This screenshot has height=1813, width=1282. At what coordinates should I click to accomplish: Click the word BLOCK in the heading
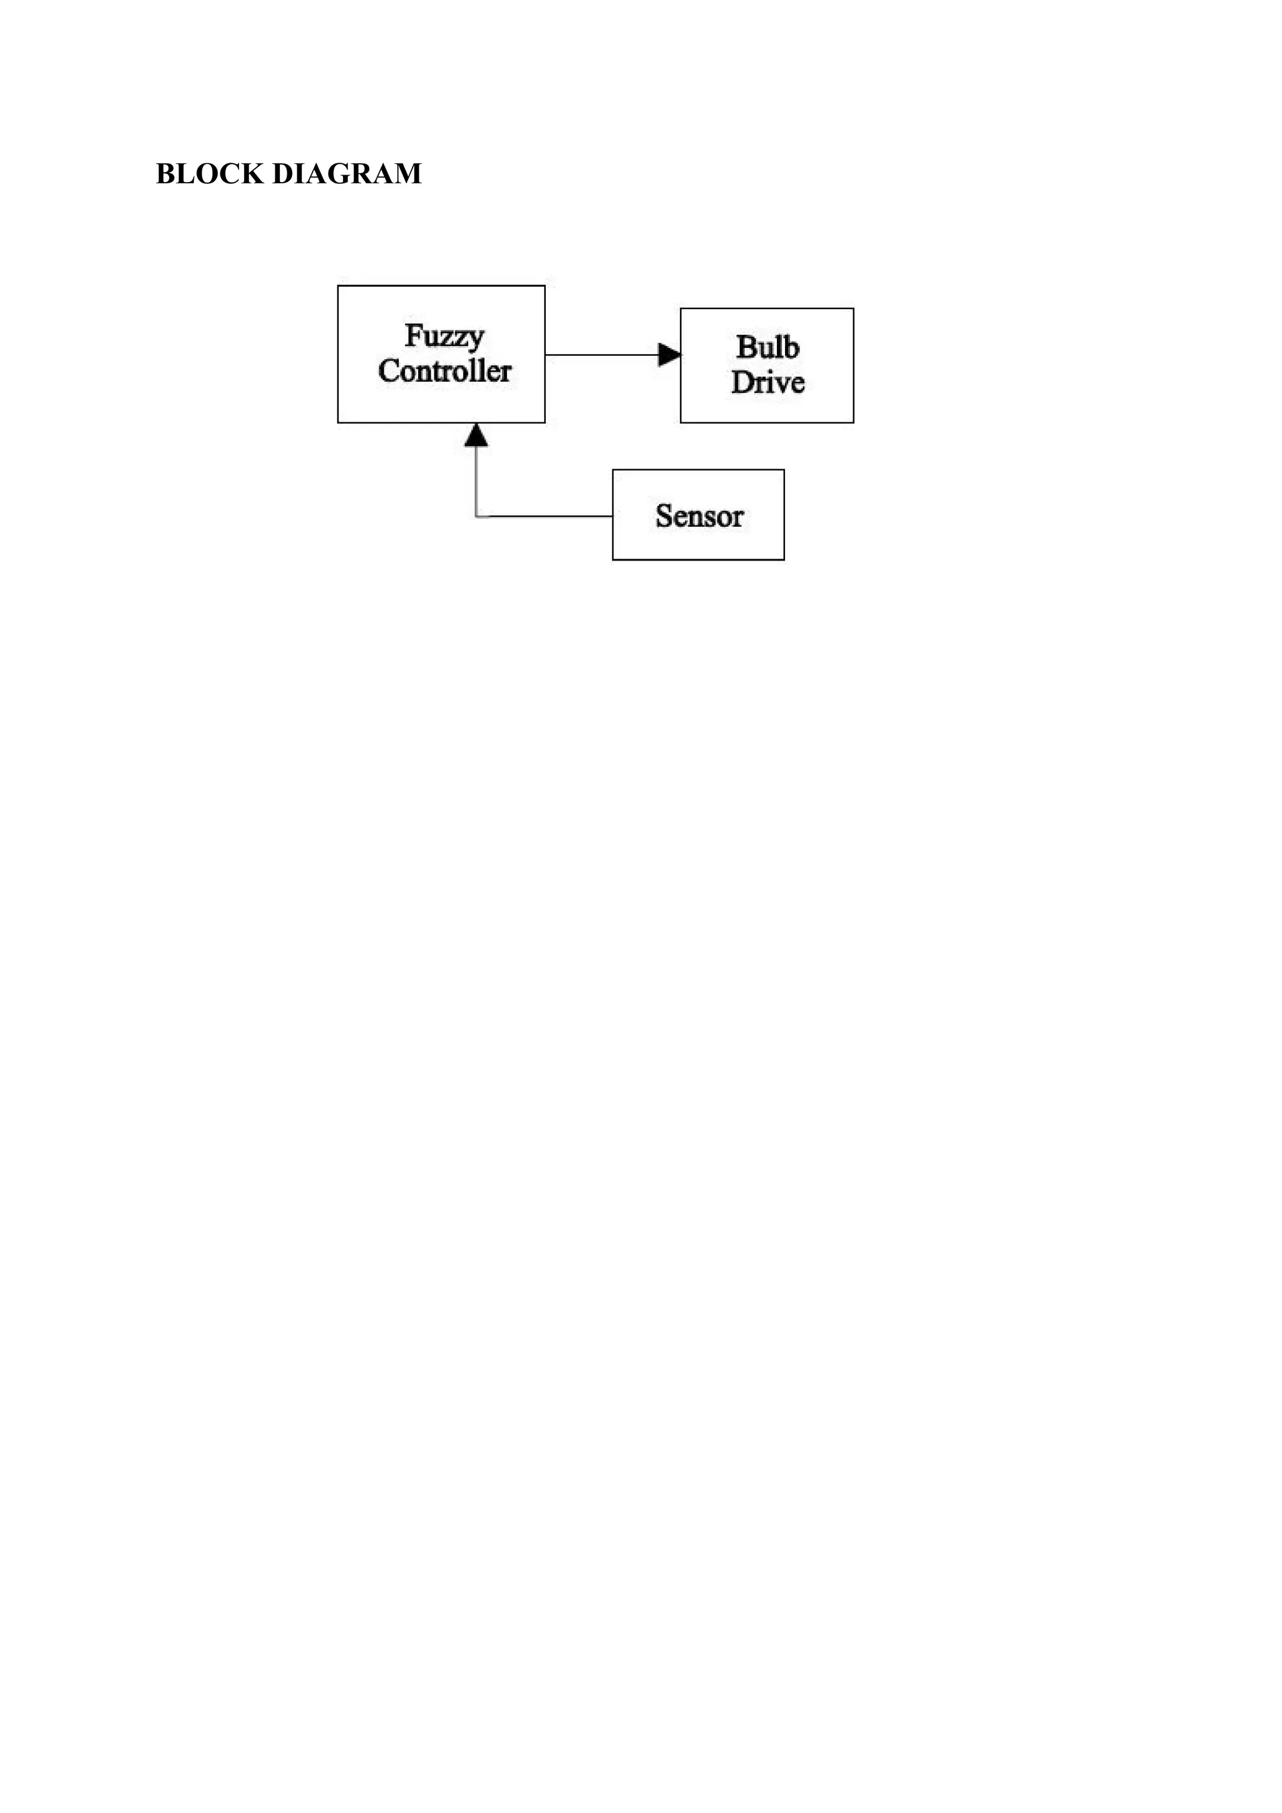click(209, 174)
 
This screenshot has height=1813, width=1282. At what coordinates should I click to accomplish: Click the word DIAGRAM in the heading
click(347, 174)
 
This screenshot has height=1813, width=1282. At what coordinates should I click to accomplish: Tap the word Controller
click(444, 371)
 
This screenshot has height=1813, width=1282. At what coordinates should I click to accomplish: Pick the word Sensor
click(699, 516)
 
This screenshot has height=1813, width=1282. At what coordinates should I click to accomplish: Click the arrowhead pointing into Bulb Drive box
click(669, 355)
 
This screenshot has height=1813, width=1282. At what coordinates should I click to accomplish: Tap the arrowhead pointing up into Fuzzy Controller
click(476, 435)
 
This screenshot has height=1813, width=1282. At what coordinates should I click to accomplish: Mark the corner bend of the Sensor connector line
click(476, 516)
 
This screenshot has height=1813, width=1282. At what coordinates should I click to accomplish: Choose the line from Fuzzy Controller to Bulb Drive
click(600, 355)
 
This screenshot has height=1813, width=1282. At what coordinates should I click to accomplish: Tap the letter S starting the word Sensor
click(664, 516)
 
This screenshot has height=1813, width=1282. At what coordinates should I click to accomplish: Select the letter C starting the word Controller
click(389, 371)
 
